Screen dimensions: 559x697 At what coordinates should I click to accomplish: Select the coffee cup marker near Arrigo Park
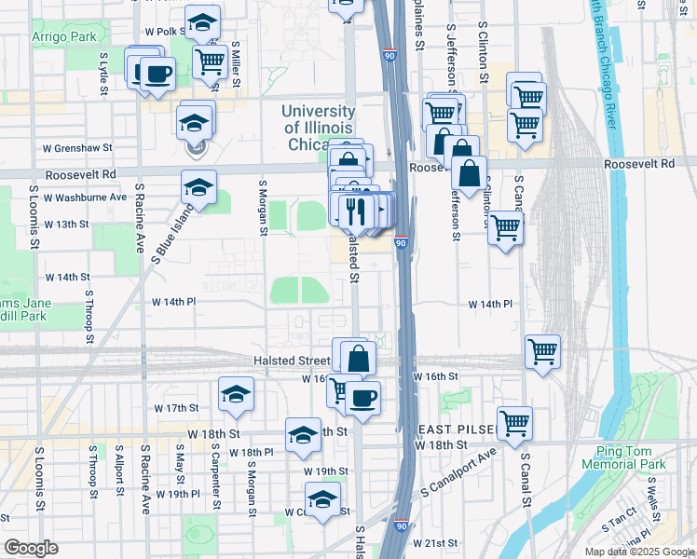[x=157, y=75]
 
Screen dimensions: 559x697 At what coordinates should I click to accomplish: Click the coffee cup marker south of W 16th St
[x=362, y=399]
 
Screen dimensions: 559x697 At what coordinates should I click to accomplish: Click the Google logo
[x=32, y=548]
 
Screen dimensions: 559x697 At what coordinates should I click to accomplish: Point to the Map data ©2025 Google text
[x=639, y=552]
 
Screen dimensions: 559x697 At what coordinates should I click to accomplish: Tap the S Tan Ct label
[x=618, y=525]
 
